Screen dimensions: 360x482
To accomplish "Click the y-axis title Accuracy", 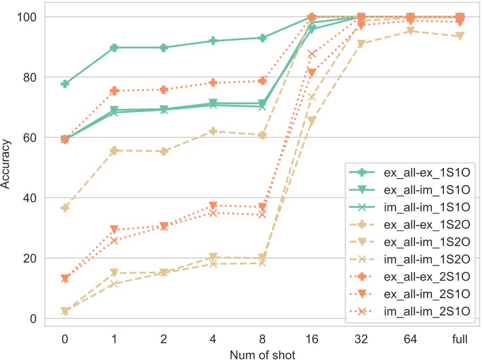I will coord(7,167).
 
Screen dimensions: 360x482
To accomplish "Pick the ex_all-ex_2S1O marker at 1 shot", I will coord(114,91).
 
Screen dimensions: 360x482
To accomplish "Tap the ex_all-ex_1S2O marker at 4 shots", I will coord(213,131).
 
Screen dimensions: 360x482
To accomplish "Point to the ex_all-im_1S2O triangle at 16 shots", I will coord(312,121).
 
